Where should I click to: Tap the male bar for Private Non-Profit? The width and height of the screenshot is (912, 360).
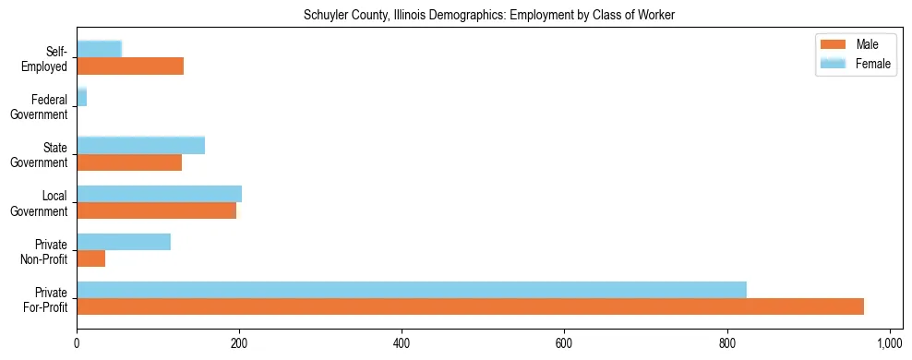tap(91, 259)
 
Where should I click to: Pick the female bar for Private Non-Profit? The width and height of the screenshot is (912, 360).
tap(124, 242)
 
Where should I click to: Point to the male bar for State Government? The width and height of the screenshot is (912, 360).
tap(129, 162)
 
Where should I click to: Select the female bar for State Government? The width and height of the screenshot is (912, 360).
tap(140, 146)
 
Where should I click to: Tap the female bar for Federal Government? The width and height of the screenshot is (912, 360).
tap(81, 98)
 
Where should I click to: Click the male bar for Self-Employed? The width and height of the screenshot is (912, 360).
tap(130, 66)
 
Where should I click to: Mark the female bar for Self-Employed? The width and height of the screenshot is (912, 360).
tap(99, 50)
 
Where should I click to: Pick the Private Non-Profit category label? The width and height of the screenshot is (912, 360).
tap(46, 251)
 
